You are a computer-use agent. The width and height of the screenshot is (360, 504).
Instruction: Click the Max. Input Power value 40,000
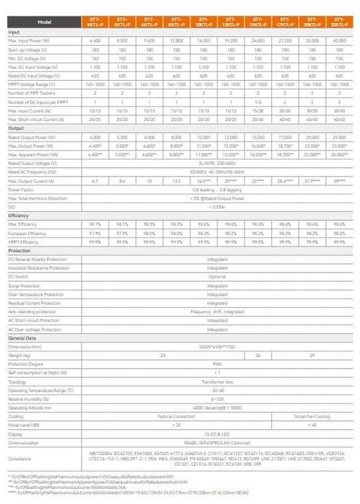(x=338, y=40)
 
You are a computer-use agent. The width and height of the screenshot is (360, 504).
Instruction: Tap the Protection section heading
(x=19, y=249)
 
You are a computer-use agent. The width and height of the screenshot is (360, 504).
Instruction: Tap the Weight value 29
(x=311, y=355)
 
